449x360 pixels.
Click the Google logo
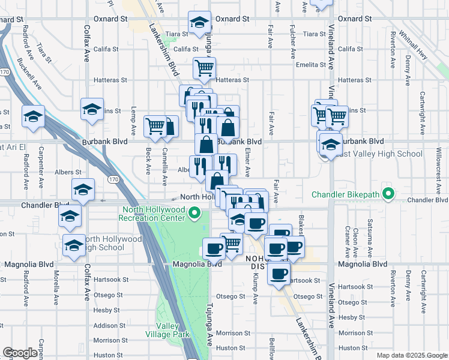[x=20, y=353]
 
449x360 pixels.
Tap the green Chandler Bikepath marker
[x=388, y=194]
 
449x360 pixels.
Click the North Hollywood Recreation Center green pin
[x=194, y=212]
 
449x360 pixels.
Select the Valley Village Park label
[x=169, y=330]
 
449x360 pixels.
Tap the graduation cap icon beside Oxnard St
[x=199, y=23]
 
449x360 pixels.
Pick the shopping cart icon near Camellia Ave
[x=155, y=125]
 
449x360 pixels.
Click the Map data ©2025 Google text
[x=412, y=355]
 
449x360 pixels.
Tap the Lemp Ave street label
[x=133, y=120]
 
